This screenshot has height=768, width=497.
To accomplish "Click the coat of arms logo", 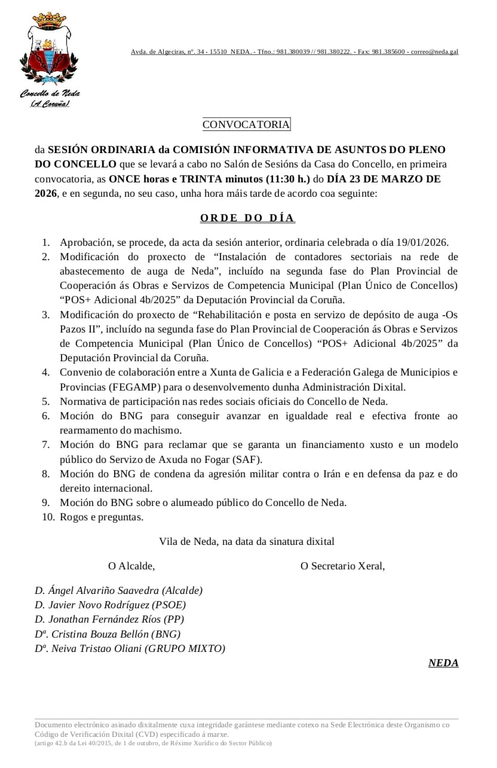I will click(x=50, y=51).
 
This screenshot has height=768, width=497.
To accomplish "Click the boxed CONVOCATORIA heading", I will click(x=246, y=124).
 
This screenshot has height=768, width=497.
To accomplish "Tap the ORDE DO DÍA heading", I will click(x=247, y=218).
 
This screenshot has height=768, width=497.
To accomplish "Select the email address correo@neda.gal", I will click(x=434, y=52).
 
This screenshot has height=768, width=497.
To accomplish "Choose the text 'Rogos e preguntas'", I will click(x=102, y=517).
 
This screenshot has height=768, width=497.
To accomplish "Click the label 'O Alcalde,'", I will click(x=131, y=566).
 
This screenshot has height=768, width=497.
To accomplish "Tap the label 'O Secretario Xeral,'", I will click(x=342, y=566).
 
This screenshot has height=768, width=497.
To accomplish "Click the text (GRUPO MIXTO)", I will click(x=185, y=648).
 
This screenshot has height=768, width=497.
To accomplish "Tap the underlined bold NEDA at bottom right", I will click(x=443, y=663).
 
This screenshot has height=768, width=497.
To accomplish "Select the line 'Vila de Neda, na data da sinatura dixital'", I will click(x=247, y=541).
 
